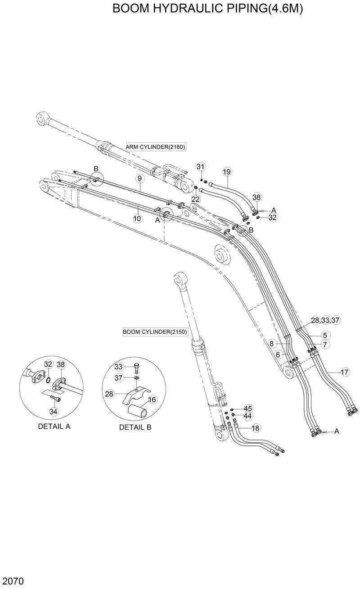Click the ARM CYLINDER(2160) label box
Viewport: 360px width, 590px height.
[x=155, y=147]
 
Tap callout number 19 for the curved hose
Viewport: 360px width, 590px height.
[x=227, y=172]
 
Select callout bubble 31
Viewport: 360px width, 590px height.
[x=201, y=167]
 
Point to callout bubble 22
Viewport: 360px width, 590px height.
[x=195, y=199]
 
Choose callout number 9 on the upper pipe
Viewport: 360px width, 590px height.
[x=139, y=179]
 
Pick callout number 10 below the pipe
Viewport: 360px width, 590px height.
[x=137, y=218]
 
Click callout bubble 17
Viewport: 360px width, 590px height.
[x=344, y=372]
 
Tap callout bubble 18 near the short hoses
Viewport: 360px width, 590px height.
[x=255, y=428]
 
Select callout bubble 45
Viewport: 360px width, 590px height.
[x=248, y=408]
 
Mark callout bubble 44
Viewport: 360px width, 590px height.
[x=248, y=416]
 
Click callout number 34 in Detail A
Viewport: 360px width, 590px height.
[x=54, y=411]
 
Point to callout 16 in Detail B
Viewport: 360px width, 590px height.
[x=152, y=399]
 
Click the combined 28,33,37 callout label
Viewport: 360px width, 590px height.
[x=325, y=320]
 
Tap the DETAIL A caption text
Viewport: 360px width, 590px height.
[x=54, y=426]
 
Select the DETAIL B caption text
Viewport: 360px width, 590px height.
[x=135, y=427]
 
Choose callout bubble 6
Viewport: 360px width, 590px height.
[x=278, y=355]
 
